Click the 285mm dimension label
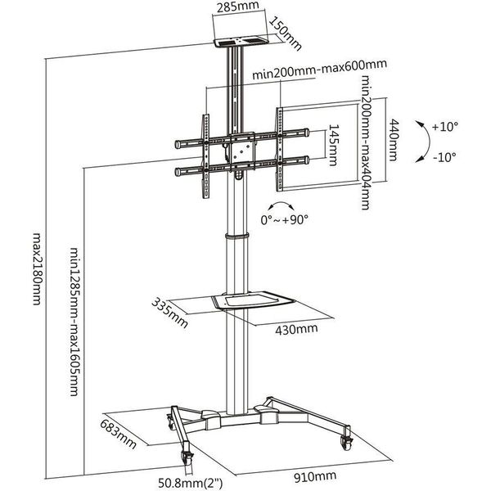pyautogui.click(x=237, y=7)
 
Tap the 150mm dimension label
pyautogui.click(x=285, y=34)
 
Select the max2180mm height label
pyautogui.click(x=37, y=268)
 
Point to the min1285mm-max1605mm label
pyautogui.click(x=74, y=322)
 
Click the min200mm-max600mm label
pyautogui.click(x=319, y=70)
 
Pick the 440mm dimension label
pyautogui.click(x=393, y=140)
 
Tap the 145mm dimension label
pyautogui.click(x=333, y=145)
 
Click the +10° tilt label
pyautogui.click(x=444, y=127)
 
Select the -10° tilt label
pyautogui.click(x=444, y=156)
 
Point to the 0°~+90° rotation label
pyautogui.click(x=284, y=219)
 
